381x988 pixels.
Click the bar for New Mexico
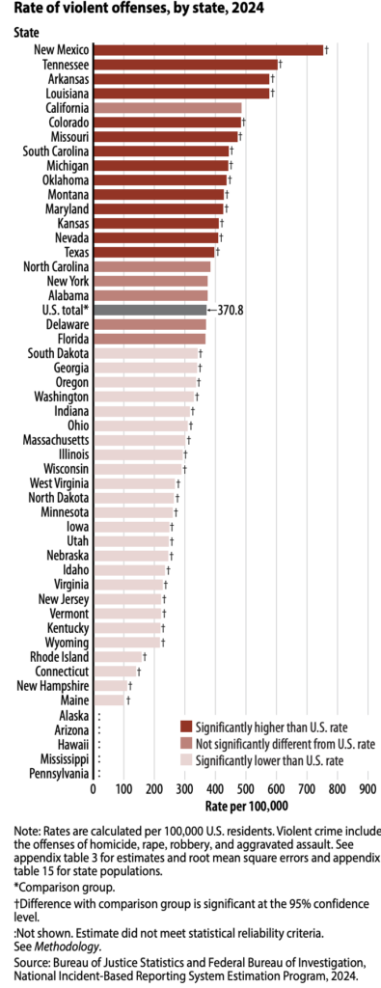(x=207, y=49)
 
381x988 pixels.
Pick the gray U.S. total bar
(x=150, y=310)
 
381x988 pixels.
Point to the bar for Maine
(x=109, y=700)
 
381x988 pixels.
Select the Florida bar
(x=150, y=339)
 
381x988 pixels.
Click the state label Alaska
(x=72, y=716)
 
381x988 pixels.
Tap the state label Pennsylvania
(x=58, y=774)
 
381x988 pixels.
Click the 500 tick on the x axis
(x=245, y=789)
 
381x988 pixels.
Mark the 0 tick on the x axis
(x=94, y=789)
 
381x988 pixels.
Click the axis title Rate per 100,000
(x=247, y=806)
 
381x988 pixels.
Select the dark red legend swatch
(x=185, y=726)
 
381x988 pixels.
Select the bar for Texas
(x=154, y=252)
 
